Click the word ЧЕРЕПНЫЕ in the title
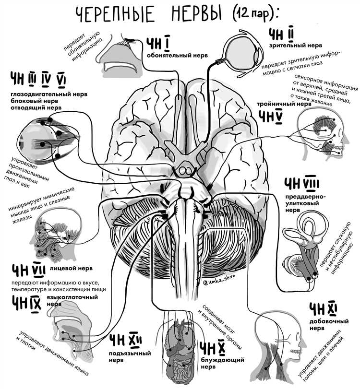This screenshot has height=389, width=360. [115, 14]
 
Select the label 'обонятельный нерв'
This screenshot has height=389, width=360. [177, 55]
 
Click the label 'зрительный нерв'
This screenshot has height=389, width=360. [296, 46]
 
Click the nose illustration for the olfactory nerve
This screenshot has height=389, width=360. [119, 56]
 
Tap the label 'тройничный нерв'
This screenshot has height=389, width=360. [284, 104]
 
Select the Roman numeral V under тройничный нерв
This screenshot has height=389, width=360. [279, 117]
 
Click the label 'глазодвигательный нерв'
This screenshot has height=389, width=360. [49, 94]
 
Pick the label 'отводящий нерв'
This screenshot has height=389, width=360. [36, 107]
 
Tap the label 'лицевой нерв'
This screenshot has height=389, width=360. [71, 268]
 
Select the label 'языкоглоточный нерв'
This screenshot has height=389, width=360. [72, 300]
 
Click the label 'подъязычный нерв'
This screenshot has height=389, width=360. [130, 356]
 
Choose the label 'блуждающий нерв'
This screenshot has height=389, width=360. [222, 363]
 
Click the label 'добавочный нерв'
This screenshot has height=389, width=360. [329, 325]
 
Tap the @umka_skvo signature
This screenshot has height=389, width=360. [218, 281]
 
